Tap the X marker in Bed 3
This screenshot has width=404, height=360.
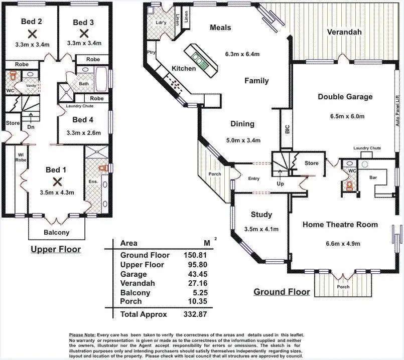84,33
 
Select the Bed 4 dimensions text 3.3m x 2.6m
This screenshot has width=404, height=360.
84,133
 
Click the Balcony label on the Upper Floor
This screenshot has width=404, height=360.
57,232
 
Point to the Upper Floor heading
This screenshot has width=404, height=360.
55,249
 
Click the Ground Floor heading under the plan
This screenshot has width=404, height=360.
281,292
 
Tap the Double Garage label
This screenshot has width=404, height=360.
345,96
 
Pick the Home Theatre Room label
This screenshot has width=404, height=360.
340,225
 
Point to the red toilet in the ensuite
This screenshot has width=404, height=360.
104,168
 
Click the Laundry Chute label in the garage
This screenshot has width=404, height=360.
367,148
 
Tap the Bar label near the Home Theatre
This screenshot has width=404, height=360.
373,177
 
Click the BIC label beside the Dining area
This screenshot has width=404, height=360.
287,128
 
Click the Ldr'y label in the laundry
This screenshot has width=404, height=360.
161,23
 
